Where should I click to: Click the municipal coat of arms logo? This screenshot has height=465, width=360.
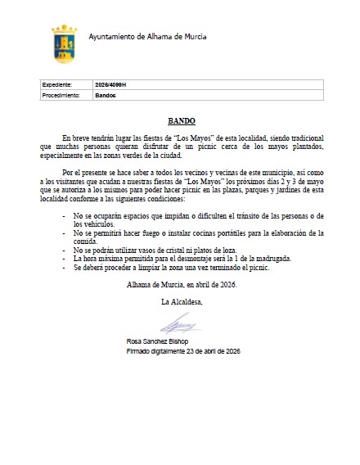[x=64, y=42]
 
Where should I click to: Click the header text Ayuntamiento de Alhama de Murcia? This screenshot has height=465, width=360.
[x=146, y=38]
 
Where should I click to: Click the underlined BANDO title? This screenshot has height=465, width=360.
[x=180, y=119]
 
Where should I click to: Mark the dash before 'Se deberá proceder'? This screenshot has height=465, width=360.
[x=65, y=267]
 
